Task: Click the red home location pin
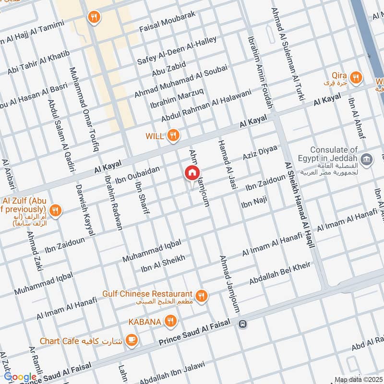pyautogui.click(x=192, y=173)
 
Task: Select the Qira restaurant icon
pyautogui.click(x=355, y=77)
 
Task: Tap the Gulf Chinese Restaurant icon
pyautogui.click(x=202, y=296)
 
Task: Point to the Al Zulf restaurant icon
pyautogui.click(x=56, y=210)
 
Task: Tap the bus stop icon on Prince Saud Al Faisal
pyautogui.click(x=243, y=324)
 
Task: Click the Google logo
pyautogui.click(x=20, y=377)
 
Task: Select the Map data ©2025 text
pyautogui.click(x=358, y=380)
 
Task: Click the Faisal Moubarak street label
pyautogui.click(x=168, y=23)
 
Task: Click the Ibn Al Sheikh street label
pyautogui.click(x=163, y=264)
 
